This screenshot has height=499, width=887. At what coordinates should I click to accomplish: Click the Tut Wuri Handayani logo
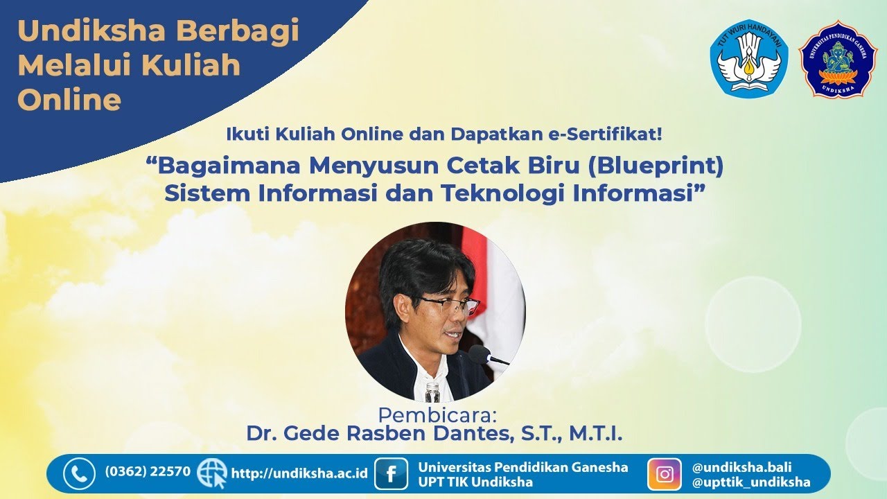click(x=750, y=56)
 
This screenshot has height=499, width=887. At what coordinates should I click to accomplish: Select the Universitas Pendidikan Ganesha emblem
click(x=838, y=59)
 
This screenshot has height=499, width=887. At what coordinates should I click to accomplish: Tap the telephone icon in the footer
click(x=79, y=474)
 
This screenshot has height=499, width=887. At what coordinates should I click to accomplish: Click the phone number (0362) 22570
click(x=148, y=471)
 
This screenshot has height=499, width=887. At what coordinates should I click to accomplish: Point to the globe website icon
click(x=212, y=474)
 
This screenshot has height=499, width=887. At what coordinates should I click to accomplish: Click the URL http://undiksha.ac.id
click(x=299, y=474)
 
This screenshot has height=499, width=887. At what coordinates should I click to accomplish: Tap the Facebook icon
click(x=391, y=474)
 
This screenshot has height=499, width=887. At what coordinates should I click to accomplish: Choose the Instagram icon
click(x=664, y=474)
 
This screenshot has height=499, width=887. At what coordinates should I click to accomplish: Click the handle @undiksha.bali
click(x=741, y=466)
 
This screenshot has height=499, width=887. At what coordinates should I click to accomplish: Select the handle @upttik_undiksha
click(x=750, y=482)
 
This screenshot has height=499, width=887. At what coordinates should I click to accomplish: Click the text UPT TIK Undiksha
click(x=475, y=482)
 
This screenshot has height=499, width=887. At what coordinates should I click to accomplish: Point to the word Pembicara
click(x=437, y=415)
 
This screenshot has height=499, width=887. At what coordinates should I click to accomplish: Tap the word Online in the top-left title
click(x=69, y=99)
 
